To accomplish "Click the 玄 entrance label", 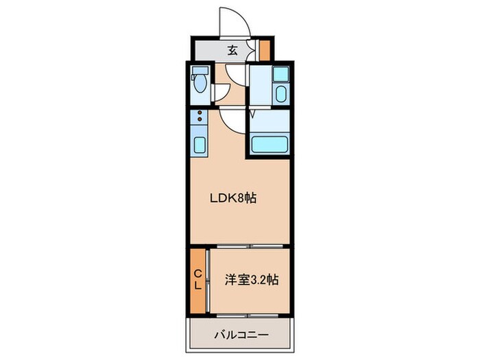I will click(232, 49).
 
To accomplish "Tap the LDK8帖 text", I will click(232, 199).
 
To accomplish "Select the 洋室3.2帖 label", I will click(251, 280).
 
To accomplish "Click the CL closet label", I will click(197, 280).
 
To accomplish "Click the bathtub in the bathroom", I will click(270, 145).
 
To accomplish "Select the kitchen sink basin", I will click(200, 144).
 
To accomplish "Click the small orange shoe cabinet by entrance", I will click(264, 50).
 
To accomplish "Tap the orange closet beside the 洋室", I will click(197, 280).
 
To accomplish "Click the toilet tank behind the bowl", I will click(200, 71).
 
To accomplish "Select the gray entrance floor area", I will click(219, 50).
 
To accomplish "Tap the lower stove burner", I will click(200, 121).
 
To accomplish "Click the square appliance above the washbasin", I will click(280, 74).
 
